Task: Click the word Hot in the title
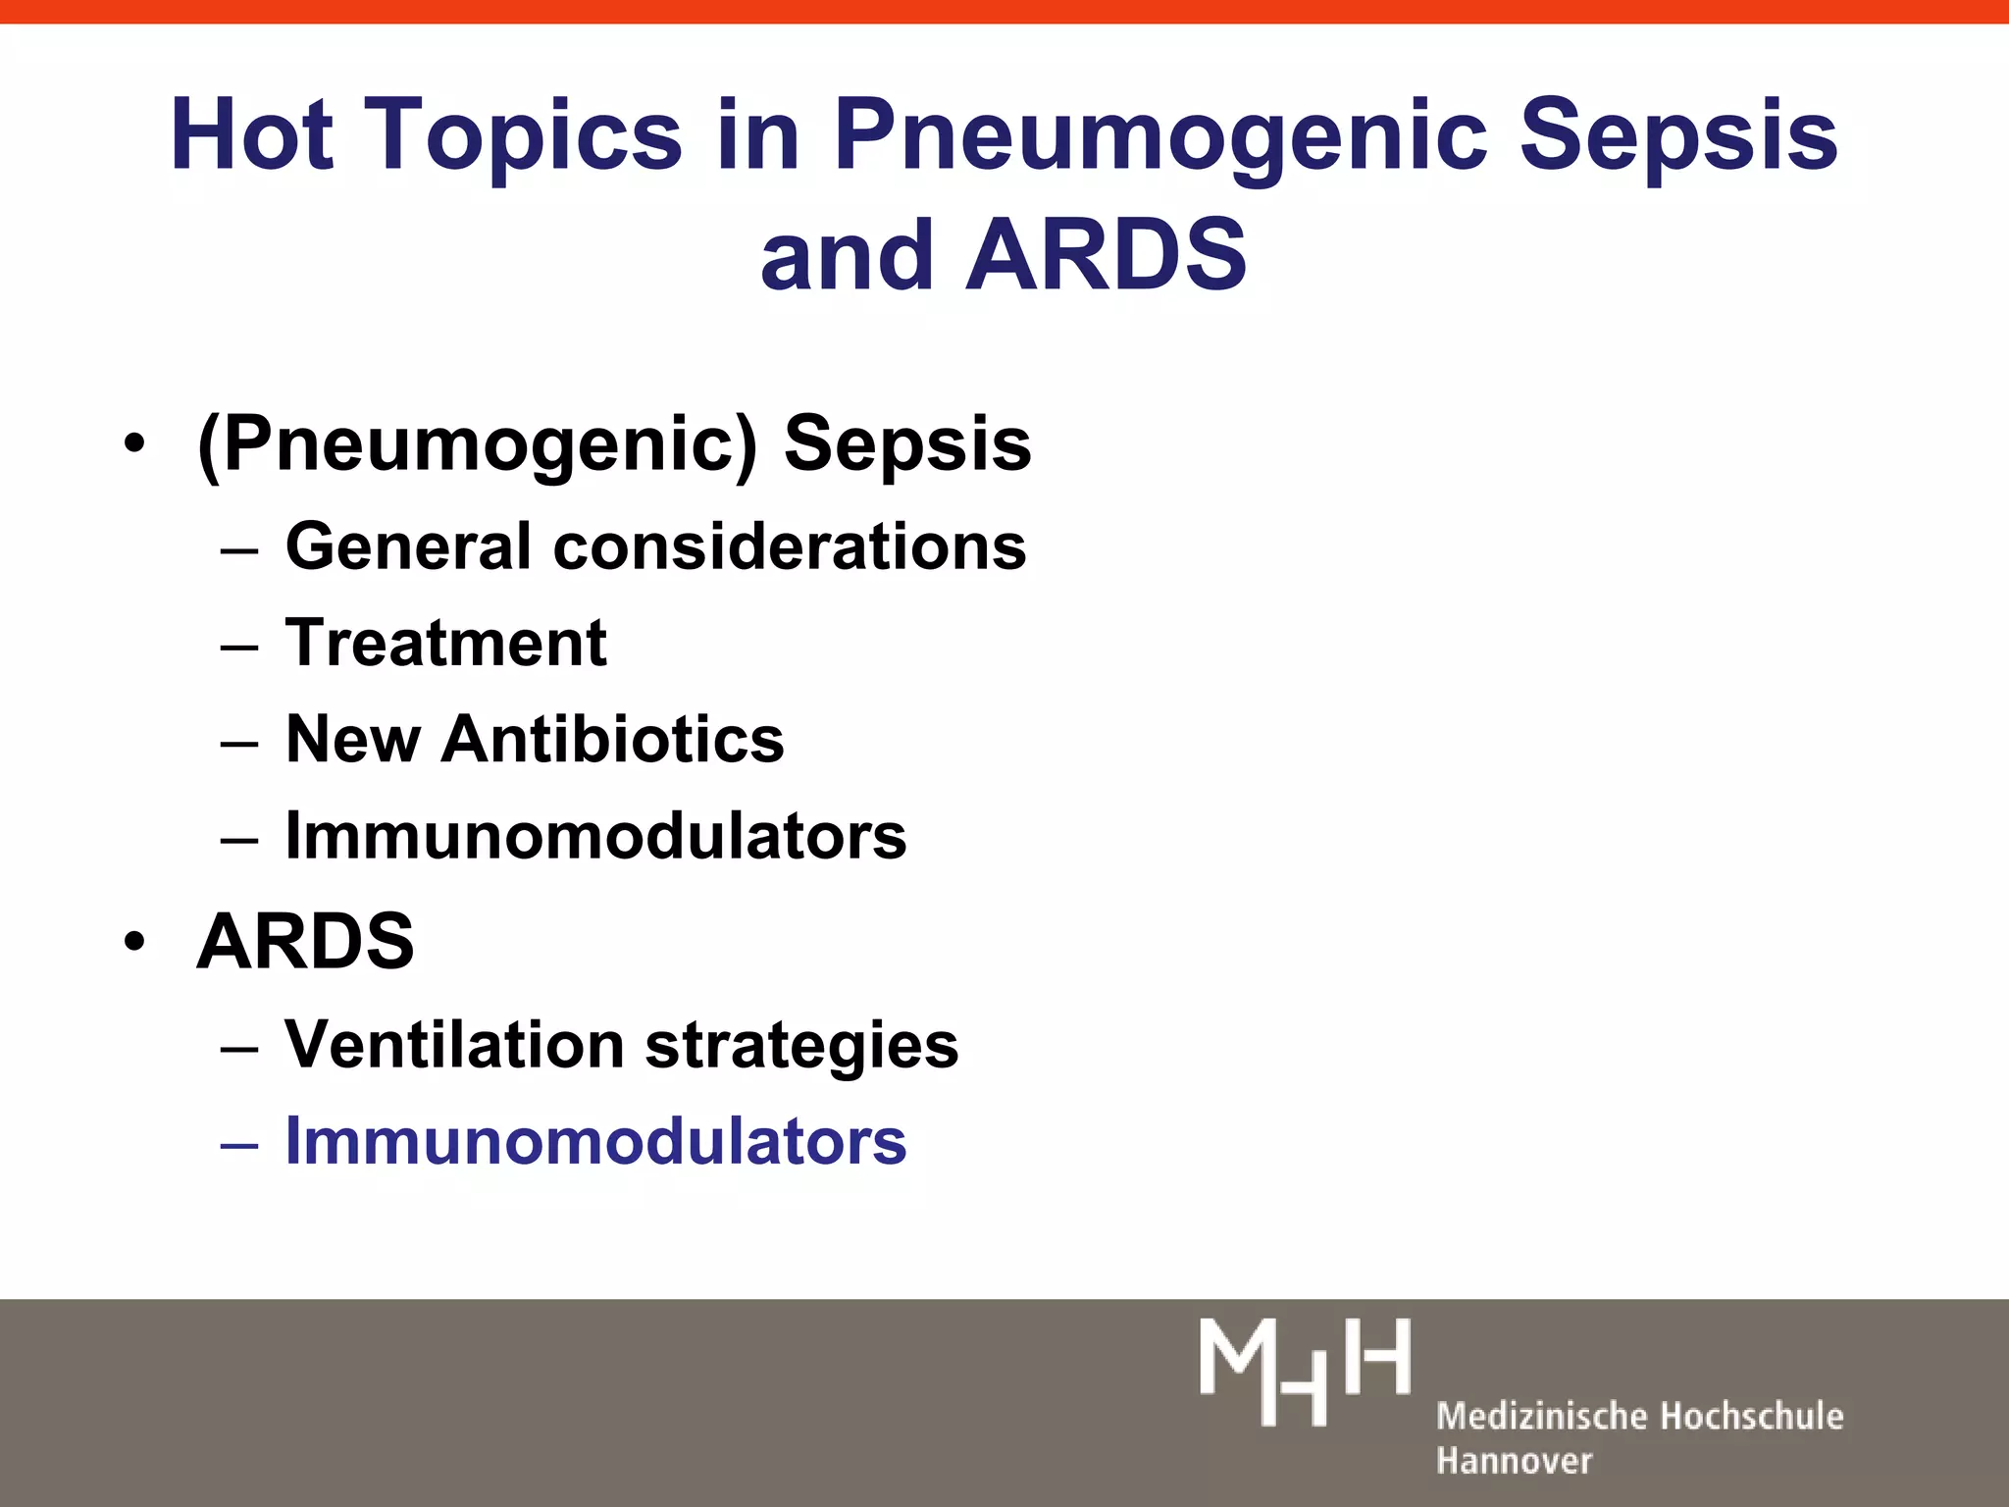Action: pos(251,134)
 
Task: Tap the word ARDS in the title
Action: pos(1106,255)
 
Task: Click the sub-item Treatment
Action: pos(446,643)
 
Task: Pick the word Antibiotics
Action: pos(613,739)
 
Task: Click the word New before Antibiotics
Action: pos(353,739)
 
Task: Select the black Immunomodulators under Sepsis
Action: pos(595,836)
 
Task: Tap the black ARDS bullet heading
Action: pos(305,942)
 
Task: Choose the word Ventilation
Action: pos(454,1044)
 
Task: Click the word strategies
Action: pos(801,1046)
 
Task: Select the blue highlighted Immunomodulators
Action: pos(595,1141)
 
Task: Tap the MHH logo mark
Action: pos(1305,1372)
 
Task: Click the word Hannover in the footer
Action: pos(1514,1461)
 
